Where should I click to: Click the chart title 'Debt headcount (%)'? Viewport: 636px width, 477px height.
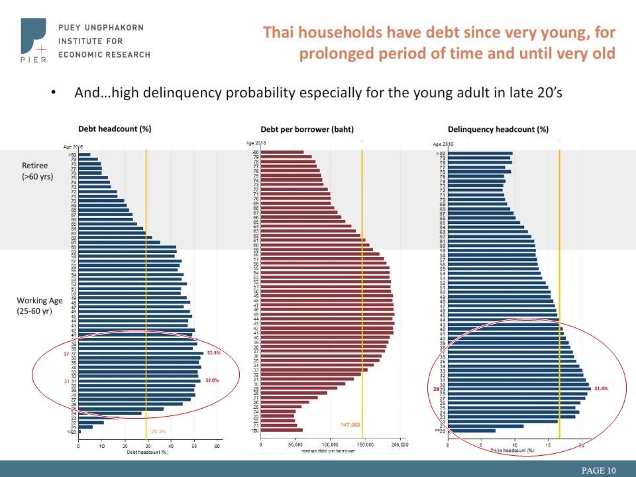115,129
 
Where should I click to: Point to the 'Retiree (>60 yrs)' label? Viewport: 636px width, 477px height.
38,171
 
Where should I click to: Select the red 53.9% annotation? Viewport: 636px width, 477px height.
213,353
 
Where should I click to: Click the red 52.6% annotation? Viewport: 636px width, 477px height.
212,381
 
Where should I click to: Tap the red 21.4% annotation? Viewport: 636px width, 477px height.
601,388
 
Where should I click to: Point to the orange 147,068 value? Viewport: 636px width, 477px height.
350,425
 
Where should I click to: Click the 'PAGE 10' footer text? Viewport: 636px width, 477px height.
598,470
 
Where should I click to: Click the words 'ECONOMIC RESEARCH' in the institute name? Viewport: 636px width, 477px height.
104,54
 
